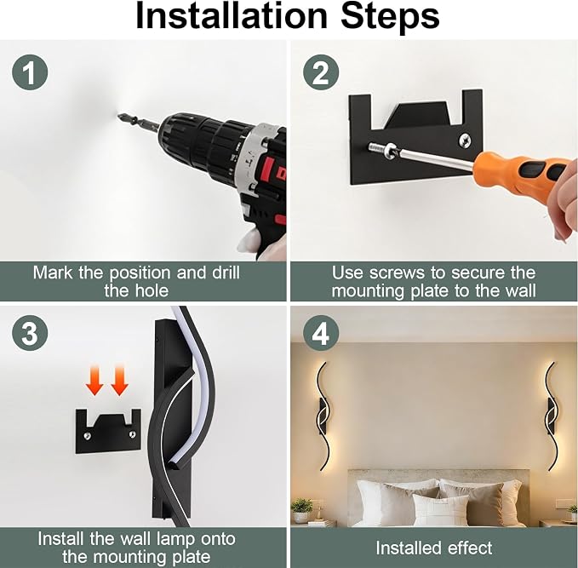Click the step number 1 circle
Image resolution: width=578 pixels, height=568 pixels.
tap(30, 72)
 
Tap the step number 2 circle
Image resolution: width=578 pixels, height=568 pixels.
tap(321, 72)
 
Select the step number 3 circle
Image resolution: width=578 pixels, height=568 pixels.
tap(30, 334)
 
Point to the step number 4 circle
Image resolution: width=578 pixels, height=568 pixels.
tap(321, 334)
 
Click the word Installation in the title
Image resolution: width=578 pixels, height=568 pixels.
tap(232, 16)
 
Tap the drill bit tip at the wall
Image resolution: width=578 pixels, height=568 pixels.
tap(118, 116)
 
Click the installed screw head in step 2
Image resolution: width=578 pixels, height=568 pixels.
tap(465, 141)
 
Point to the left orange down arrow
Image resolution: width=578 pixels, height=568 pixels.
tap(94, 380)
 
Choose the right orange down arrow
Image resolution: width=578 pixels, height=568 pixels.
tap(119, 380)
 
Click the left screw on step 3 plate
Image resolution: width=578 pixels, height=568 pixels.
tap(88, 436)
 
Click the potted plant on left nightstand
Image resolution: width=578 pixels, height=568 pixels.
tap(302, 510)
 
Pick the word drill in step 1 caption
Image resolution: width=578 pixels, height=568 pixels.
tap(226, 273)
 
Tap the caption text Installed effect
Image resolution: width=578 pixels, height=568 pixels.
tap(434, 548)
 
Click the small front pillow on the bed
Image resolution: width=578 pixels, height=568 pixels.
tap(440, 509)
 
